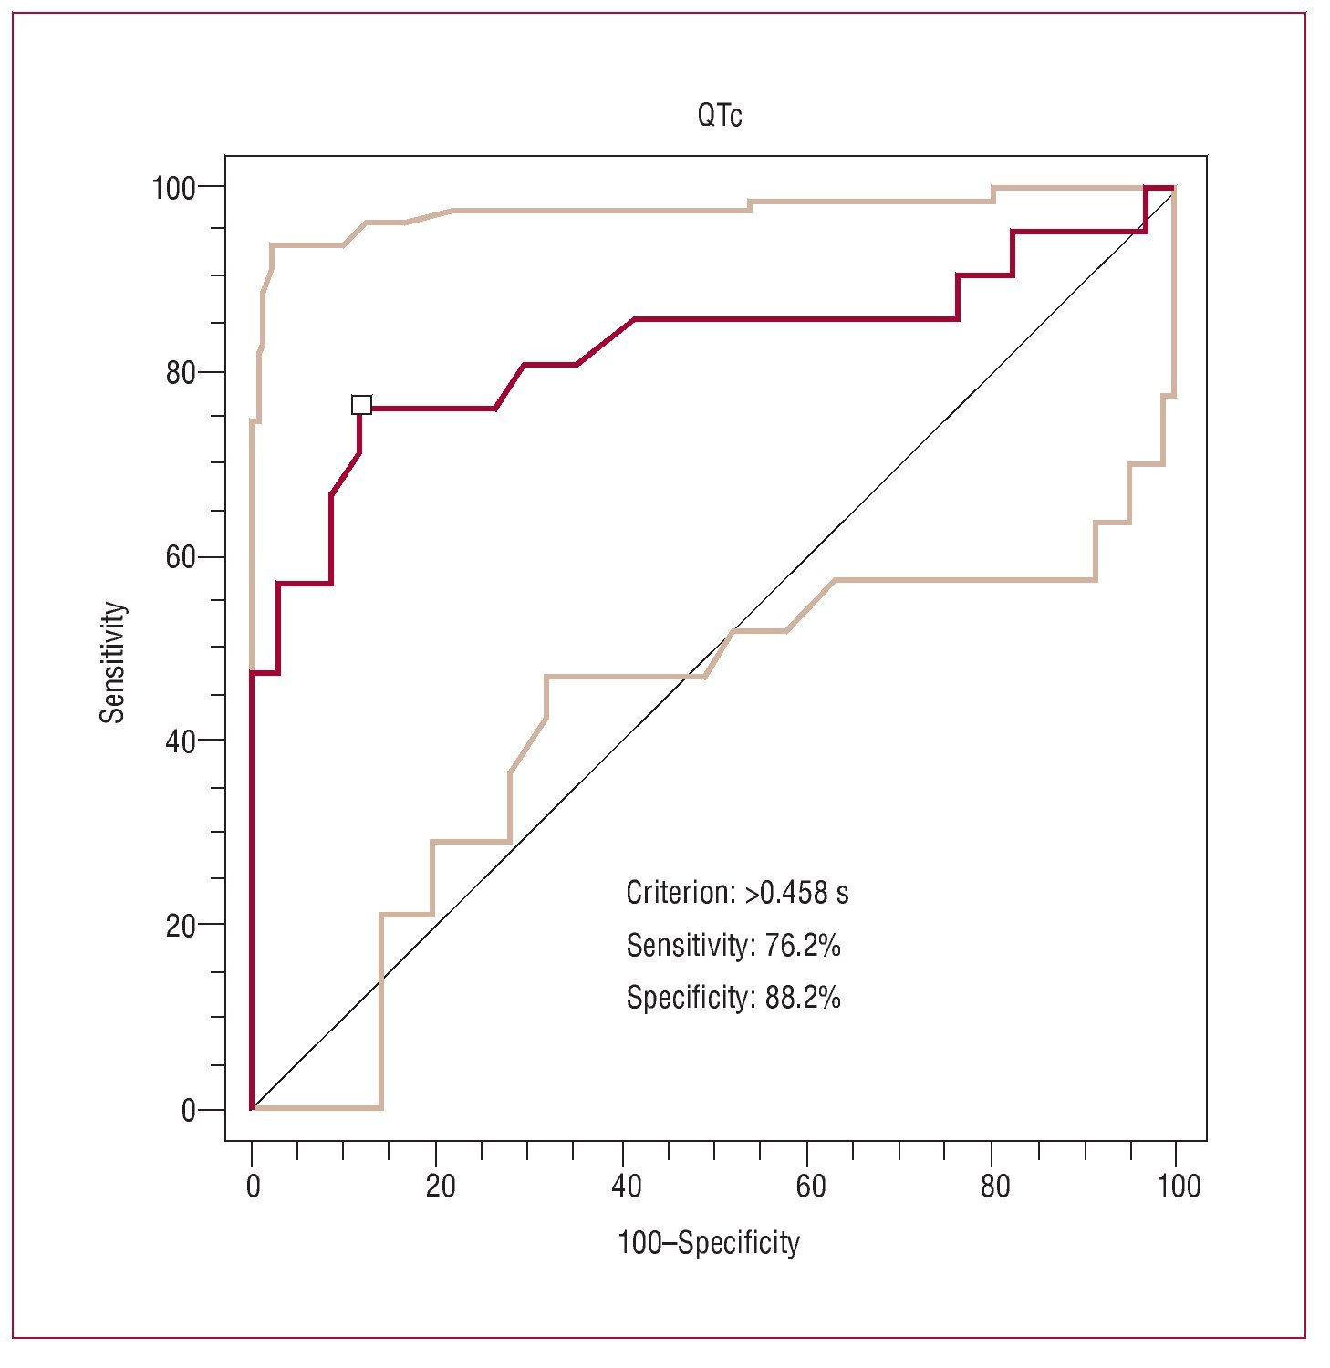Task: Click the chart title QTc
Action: (719, 116)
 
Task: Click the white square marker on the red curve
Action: (361, 405)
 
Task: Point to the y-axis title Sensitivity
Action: (112, 662)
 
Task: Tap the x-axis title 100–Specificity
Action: (708, 1243)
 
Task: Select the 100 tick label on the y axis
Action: (173, 188)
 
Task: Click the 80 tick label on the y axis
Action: (181, 373)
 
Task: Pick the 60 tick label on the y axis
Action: (181, 557)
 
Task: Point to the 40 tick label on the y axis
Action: (181, 741)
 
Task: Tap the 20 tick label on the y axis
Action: (181, 926)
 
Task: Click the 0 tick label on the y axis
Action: (189, 1110)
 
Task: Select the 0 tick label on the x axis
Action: (253, 1187)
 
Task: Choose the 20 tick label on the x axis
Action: (440, 1187)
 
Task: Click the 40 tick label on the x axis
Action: (625, 1187)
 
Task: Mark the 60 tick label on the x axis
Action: (810, 1187)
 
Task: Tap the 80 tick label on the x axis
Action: (995, 1187)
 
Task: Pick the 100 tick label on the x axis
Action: (1179, 1187)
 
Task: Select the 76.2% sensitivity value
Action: (802, 946)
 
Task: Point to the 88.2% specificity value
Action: (802, 998)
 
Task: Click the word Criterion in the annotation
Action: (678, 893)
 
